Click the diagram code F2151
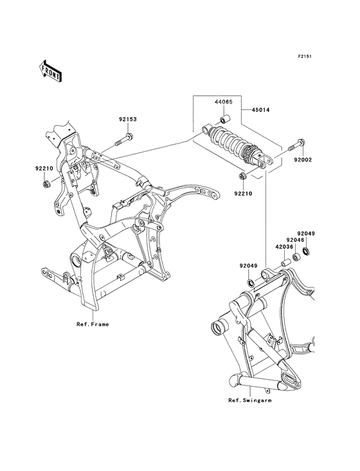pos(304,55)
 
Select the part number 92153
pos(127,120)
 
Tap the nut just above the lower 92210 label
pos(241,177)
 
